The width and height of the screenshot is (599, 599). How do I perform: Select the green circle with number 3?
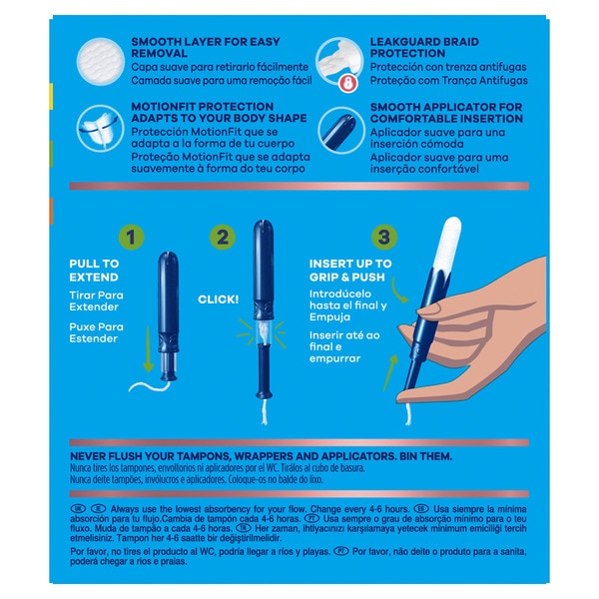pyautogui.click(x=383, y=240)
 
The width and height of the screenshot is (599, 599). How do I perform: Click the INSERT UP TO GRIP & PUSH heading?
pyautogui.click(x=348, y=270)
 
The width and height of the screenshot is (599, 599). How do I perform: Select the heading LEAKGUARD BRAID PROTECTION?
pyautogui.click(x=435, y=46)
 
